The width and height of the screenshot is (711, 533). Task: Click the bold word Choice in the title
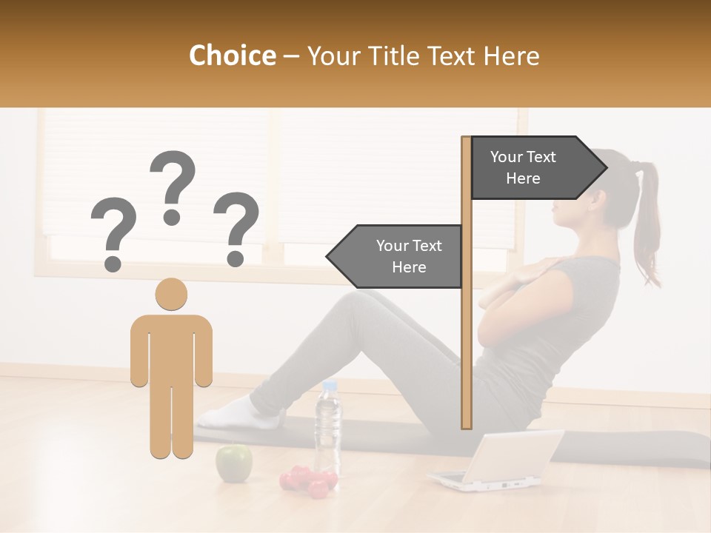232,56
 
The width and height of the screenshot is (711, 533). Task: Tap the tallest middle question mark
173,187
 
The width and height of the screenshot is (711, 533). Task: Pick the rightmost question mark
236,228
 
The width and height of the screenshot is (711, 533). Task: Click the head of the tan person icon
171,294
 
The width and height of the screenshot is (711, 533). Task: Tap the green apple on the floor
233,462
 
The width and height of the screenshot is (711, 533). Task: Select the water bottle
328,429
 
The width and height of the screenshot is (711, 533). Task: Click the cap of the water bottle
330,385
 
